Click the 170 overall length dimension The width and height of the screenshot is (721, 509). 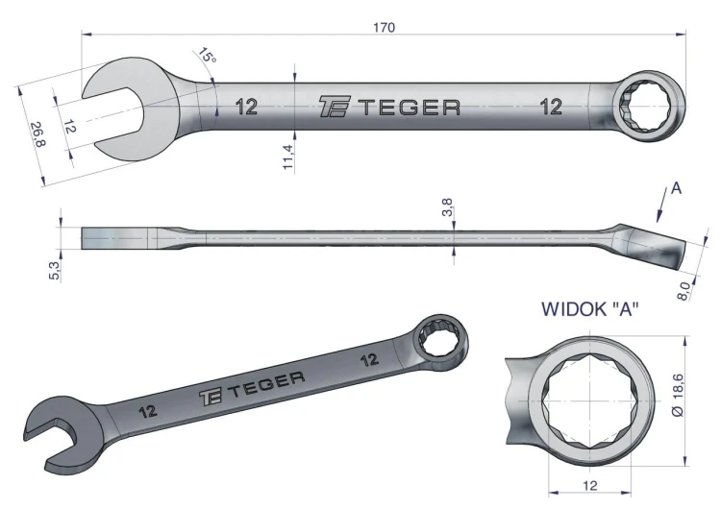click(384, 28)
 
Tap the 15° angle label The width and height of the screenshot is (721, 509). click(207, 56)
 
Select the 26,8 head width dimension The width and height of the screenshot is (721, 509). click(38, 134)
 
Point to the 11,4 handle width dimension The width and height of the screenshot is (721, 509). click(287, 157)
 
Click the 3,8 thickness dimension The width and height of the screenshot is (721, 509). click(446, 207)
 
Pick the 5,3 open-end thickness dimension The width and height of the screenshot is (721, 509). click(54, 270)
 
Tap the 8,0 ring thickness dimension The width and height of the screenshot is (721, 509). click(684, 291)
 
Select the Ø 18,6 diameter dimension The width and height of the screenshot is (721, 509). click(678, 395)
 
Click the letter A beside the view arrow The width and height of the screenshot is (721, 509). click(676, 188)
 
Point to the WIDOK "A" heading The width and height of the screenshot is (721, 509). click(590, 309)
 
